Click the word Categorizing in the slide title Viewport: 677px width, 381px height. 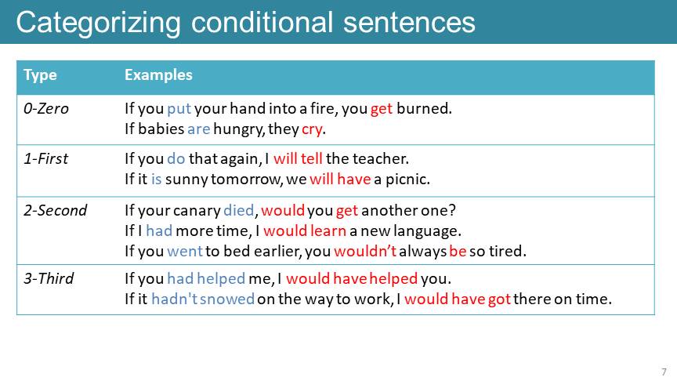pyautogui.click(x=99, y=24)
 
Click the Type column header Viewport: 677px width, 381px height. pyautogui.click(x=40, y=75)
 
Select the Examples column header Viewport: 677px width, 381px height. pyautogui.click(x=158, y=75)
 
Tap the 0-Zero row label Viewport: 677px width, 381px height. pyautogui.click(x=45, y=108)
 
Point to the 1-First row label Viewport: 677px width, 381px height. pyautogui.click(x=45, y=158)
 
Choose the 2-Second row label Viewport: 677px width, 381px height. pyautogui.click(x=56, y=210)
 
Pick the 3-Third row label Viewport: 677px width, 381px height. pyautogui.click(x=49, y=278)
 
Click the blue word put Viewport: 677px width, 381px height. pyautogui.click(x=179, y=109)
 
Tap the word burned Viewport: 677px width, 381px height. pyautogui.click(x=424, y=108)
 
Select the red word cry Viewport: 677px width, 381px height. pyautogui.click(x=312, y=129)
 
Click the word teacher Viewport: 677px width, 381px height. pyautogui.click(x=380, y=158)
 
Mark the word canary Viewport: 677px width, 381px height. pyautogui.click(x=197, y=211)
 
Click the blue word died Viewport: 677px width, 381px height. pyautogui.click(x=239, y=210)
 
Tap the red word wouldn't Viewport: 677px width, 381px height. pyautogui.click(x=365, y=251)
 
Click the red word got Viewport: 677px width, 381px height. pyautogui.click(x=500, y=299)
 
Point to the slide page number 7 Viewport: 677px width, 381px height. pyautogui.click(x=664, y=372)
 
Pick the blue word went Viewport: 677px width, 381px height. pyautogui.click(x=185, y=252)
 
